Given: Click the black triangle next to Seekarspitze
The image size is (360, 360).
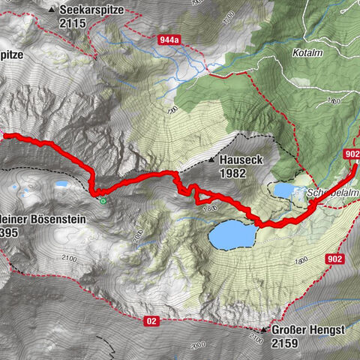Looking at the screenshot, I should [51, 10].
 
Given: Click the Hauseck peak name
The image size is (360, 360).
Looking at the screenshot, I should [239, 160].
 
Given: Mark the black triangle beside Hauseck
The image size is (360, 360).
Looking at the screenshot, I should [211, 160].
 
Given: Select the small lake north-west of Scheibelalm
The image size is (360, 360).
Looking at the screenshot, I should [284, 190].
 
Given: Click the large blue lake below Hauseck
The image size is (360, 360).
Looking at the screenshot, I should [232, 235].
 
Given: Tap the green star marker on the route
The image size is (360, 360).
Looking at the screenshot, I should [103, 200].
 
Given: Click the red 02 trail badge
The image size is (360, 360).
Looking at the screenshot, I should [151, 321].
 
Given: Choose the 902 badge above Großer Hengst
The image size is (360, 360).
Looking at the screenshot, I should [334, 259].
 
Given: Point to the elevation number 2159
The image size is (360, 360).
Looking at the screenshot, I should [286, 343].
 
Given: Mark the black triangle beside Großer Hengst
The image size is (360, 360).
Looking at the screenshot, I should [264, 330].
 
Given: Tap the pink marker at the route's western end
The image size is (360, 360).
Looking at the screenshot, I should [4, 136].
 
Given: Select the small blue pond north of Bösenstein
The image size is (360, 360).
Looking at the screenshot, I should [60, 182].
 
